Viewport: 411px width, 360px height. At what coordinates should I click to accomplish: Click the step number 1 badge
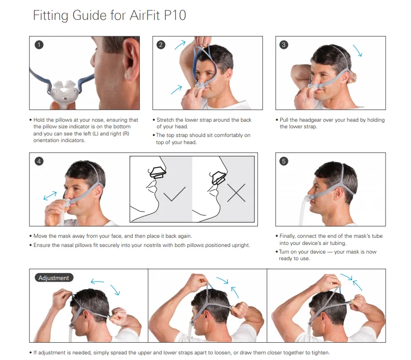[39, 45]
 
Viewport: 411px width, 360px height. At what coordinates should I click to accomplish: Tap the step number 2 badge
[161, 45]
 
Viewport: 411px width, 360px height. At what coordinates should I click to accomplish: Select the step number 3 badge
[284, 45]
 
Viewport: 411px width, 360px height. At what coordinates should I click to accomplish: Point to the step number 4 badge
[39, 161]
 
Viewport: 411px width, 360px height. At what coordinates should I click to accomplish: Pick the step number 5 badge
[284, 161]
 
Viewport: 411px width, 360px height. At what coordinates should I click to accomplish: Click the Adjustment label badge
[54, 278]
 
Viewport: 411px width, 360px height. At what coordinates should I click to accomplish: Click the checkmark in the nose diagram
[174, 193]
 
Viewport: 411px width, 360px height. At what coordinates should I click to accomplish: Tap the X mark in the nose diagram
[236, 193]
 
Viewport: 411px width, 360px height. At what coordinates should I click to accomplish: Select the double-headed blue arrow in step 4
[50, 196]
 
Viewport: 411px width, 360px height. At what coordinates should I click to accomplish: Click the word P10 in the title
[175, 15]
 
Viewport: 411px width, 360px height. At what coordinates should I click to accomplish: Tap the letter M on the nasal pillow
[65, 99]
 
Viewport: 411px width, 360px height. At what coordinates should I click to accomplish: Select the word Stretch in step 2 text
[165, 120]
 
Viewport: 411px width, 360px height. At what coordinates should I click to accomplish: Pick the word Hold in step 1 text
[39, 120]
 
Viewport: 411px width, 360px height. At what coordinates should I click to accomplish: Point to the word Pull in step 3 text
[284, 120]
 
